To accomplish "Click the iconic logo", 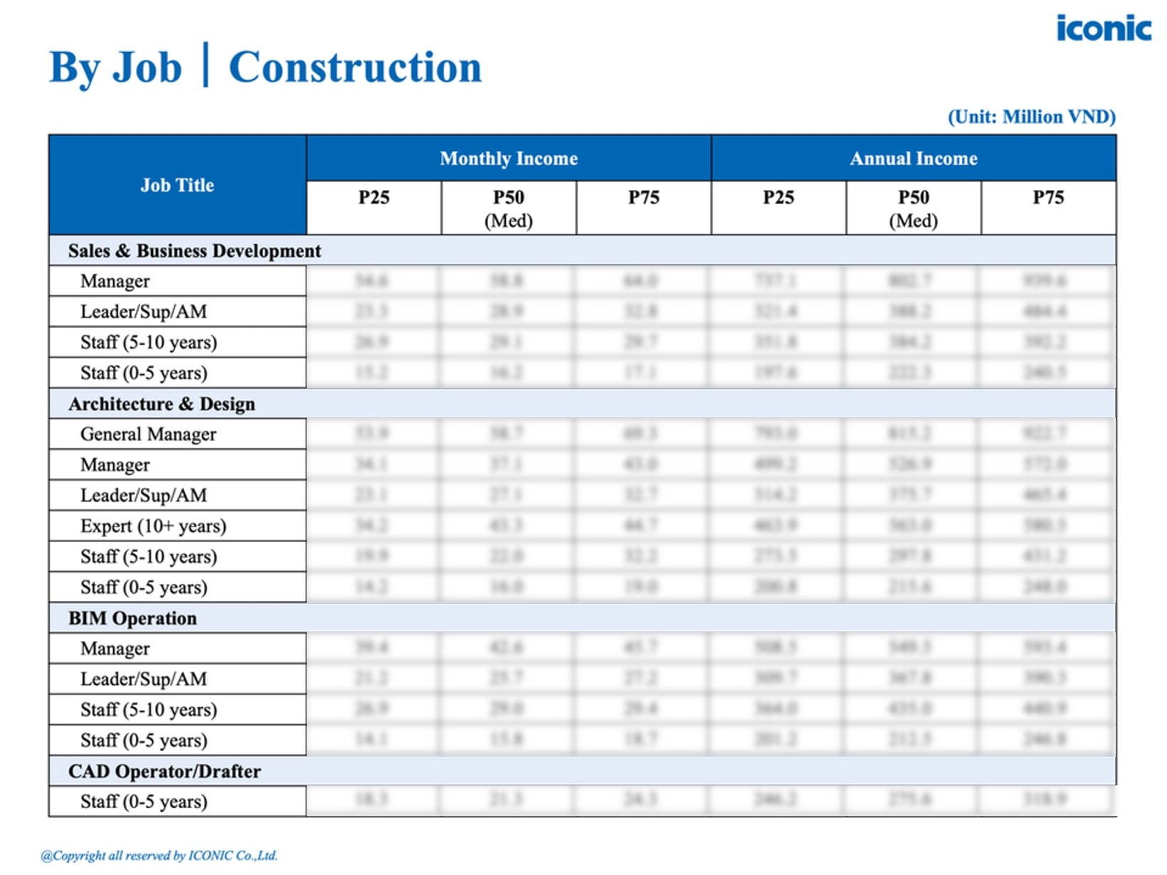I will (1103, 28).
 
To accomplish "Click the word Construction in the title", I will (354, 68).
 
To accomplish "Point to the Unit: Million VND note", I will (1031, 117).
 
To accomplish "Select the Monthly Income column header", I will (508, 158).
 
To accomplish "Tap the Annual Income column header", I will (913, 158).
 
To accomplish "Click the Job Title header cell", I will (177, 185).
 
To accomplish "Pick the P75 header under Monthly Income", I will (643, 198).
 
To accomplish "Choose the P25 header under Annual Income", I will (778, 198).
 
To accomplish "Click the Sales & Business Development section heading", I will (194, 250).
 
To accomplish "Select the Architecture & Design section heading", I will (162, 403).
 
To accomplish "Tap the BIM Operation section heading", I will (132, 618).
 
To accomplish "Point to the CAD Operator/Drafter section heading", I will (164, 771).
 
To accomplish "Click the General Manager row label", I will (148, 434).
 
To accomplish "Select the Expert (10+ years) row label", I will (153, 526).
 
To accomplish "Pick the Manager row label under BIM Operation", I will (115, 649).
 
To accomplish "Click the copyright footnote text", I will (159, 856).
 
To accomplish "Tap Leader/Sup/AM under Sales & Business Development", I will (144, 312).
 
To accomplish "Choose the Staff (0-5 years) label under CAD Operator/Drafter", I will (144, 802).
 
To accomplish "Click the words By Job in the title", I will (115, 68).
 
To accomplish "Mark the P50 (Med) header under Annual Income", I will (913, 208).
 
